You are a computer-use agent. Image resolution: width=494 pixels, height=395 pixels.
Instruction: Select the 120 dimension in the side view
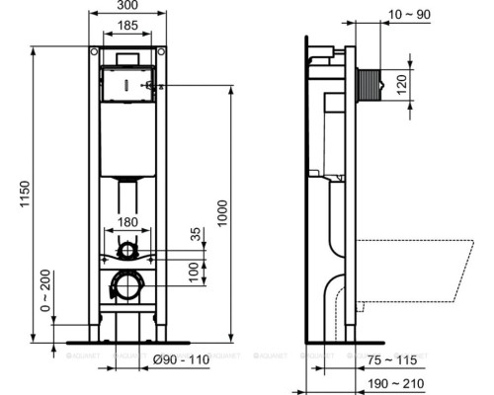click(401, 84)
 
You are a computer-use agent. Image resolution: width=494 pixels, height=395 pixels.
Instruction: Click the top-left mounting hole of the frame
click(93, 51)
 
